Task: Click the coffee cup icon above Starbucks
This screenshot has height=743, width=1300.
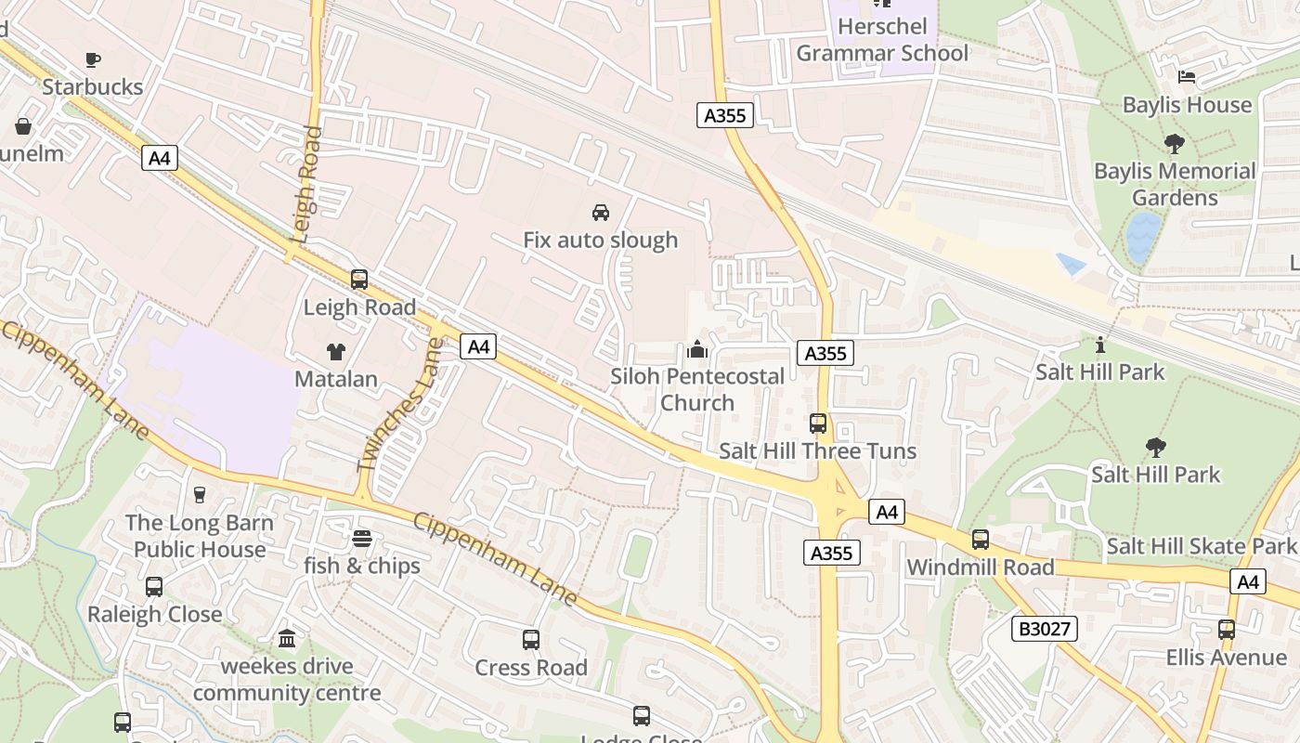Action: coord(93,60)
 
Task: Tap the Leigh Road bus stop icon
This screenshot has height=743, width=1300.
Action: coord(359,279)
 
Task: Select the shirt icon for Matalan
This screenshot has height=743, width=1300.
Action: coord(335,352)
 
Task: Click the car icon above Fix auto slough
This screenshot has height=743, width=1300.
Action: coord(601,212)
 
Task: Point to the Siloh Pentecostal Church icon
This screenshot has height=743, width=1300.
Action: coord(697,349)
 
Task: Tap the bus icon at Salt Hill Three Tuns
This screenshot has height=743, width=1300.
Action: coord(818,424)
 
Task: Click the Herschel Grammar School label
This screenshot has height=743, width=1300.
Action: coord(881,40)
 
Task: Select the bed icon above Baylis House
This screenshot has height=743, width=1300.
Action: coord(1187,77)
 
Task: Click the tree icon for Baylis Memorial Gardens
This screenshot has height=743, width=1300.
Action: coord(1175,144)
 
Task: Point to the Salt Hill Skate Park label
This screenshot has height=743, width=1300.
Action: coord(1200,546)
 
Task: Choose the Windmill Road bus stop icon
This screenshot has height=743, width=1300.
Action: coord(981,540)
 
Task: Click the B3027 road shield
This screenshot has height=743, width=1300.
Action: coord(1045,629)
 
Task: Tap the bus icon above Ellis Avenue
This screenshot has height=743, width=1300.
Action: coord(1227,630)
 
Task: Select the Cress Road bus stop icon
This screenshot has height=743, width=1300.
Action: coord(531,640)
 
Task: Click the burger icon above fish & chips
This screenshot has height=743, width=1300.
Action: coord(362,539)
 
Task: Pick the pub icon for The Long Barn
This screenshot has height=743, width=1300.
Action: coord(200,495)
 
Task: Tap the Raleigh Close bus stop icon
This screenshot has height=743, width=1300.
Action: coord(154,587)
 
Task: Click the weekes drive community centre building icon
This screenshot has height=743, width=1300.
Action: coord(287,639)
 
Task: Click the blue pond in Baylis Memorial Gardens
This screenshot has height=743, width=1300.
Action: coord(1143,236)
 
